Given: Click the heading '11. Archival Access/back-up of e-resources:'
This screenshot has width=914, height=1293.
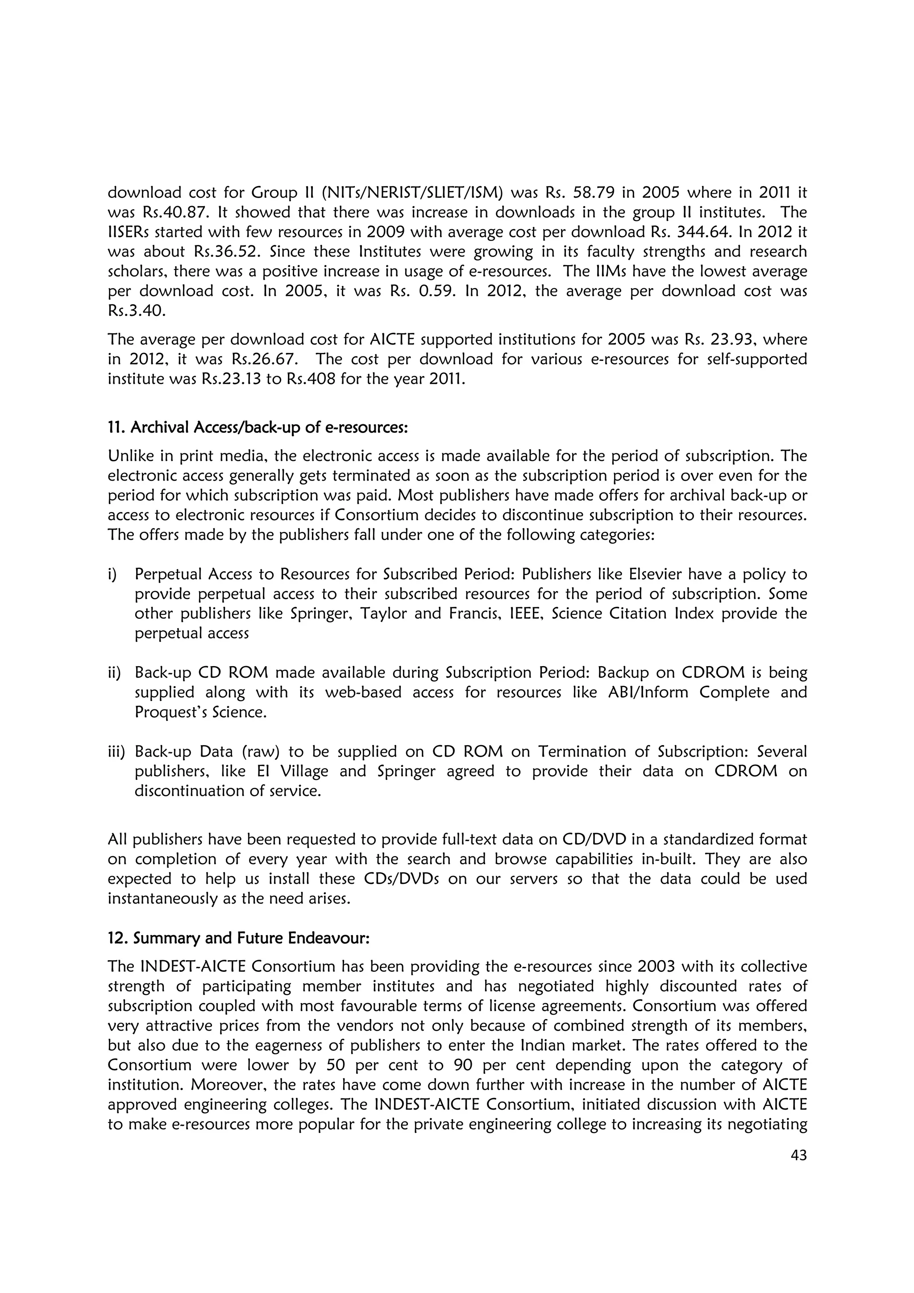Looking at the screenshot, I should click(258, 428).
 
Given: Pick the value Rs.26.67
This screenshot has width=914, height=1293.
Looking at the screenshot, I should click(264, 359).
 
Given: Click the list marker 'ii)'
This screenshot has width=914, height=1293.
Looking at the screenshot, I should click(113, 673).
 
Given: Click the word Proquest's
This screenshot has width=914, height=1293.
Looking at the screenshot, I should click(168, 713).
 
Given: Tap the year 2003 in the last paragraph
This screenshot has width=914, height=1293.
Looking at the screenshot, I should click(657, 967).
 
